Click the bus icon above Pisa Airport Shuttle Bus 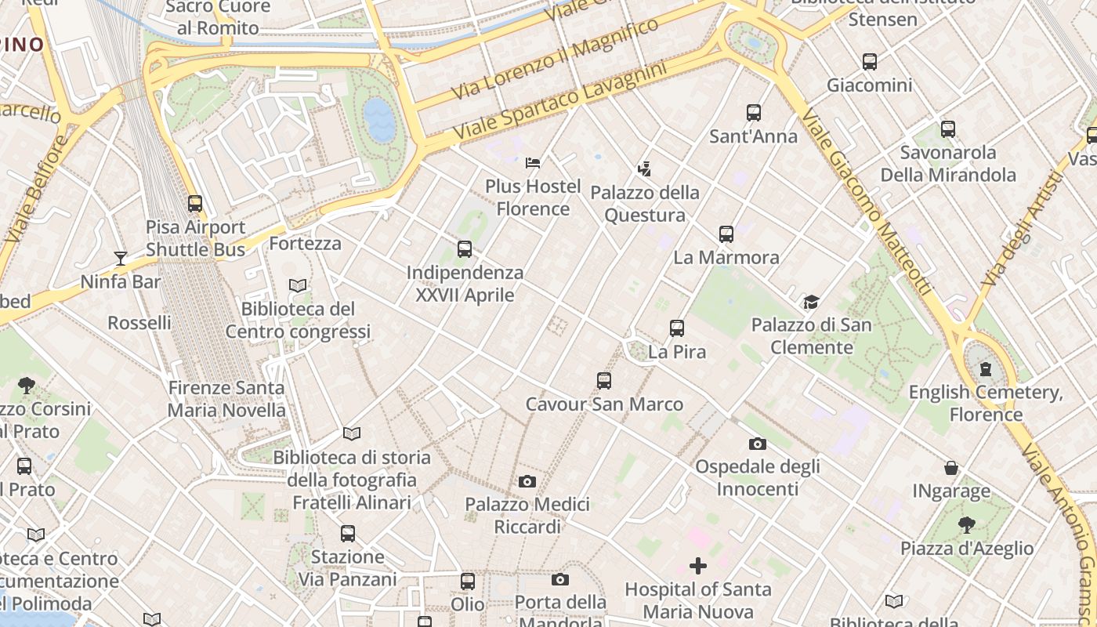point(195,204)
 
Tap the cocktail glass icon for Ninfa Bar point(120,258)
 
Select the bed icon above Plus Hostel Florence point(533,163)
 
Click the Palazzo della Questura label point(645,204)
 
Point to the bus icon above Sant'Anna point(754,113)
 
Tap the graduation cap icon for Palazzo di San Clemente point(811,302)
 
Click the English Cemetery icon point(986,368)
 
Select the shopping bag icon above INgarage point(951,468)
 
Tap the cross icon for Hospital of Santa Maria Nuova point(698,566)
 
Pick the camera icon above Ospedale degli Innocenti point(757,444)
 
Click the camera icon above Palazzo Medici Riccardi point(527,481)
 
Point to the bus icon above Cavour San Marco point(604,381)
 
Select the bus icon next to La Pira point(677,328)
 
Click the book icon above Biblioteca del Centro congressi point(298,285)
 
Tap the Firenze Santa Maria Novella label point(226,399)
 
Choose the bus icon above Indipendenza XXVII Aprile point(465,250)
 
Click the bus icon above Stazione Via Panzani point(348,534)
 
